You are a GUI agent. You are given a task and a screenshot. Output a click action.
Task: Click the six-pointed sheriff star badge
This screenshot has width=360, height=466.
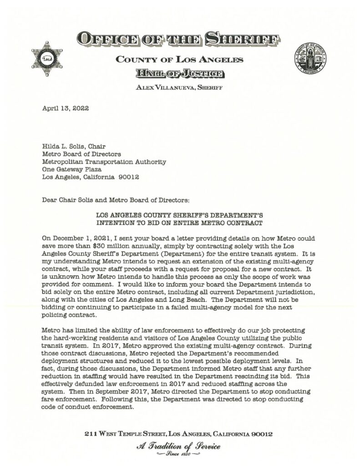47,59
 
